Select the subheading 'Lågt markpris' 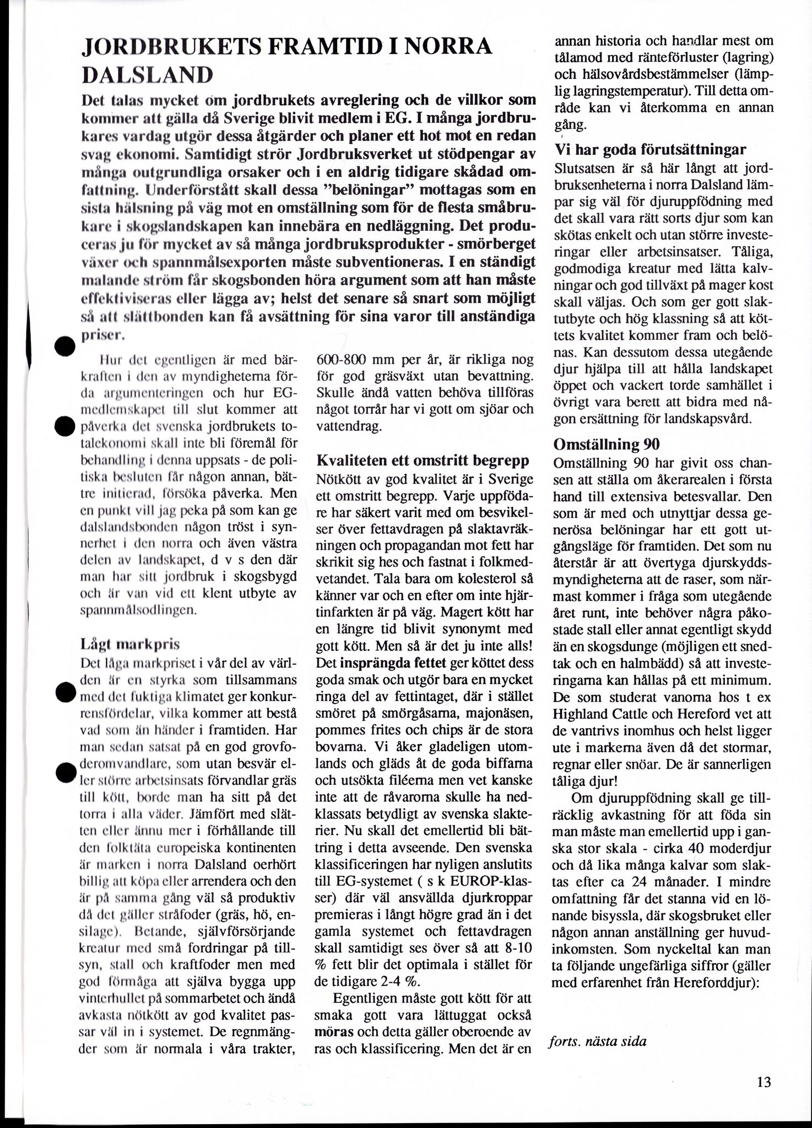click(130, 644)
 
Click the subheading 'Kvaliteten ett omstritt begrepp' click(423, 460)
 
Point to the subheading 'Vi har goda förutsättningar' click(649, 149)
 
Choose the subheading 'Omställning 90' click(607, 444)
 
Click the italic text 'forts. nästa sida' click(598, 1042)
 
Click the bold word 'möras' click(331, 1032)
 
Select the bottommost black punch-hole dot click(65, 773)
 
